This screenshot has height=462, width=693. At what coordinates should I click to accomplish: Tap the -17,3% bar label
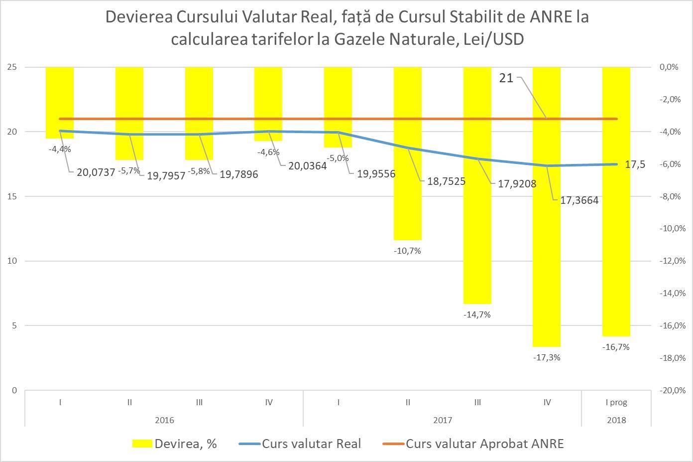tap(546, 357)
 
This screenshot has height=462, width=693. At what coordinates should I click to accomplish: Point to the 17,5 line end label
tap(635, 164)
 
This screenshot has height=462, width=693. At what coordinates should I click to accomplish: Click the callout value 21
tap(506, 78)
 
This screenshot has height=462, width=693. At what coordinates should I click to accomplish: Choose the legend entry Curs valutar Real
tap(311, 444)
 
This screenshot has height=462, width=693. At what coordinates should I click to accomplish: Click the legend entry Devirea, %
tap(185, 444)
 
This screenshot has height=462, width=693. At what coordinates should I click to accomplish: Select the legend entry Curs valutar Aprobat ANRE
tap(484, 444)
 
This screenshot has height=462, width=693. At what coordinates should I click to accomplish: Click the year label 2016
tap(164, 420)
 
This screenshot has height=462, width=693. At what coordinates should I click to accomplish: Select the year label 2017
tap(442, 420)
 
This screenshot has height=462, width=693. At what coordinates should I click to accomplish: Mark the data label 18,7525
tap(446, 181)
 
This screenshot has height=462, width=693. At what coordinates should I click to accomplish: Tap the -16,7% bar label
tap(616, 347)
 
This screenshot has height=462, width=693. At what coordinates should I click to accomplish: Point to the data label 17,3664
tap(579, 200)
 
